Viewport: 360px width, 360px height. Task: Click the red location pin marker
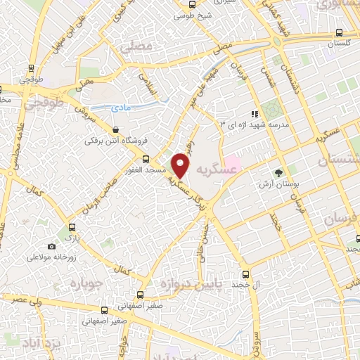click(181, 165)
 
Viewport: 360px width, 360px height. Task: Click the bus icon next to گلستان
click(340, 32)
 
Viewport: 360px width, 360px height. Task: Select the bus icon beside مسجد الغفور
click(146, 159)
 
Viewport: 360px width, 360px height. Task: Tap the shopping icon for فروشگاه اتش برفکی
click(115, 129)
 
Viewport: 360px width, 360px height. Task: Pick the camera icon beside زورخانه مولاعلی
click(51, 246)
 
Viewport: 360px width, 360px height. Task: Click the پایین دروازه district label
click(190, 283)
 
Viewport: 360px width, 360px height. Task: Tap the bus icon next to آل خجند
click(245, 274)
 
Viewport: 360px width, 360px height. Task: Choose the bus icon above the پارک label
click(70, 229)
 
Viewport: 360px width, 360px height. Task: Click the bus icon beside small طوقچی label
click(30, 69)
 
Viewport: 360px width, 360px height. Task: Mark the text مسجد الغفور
click(169, 171)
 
